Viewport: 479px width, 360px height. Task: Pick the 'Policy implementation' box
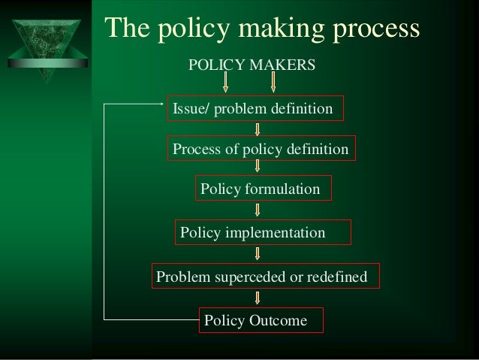tap(263, 233)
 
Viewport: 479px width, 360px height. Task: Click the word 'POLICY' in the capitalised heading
tap(213, 65)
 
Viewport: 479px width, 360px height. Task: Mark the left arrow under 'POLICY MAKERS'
tap(226, 83)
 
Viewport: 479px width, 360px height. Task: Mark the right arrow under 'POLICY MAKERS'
tap(273, 83)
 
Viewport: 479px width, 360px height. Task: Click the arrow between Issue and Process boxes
tap(258, 129)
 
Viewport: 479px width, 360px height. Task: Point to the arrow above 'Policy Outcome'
tap(258, 299)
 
